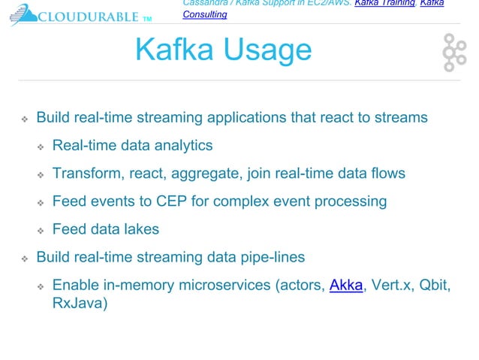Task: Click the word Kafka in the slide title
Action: pos(169,50)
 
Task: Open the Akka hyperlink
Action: pos(345,286)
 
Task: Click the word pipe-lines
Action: pos(271,257)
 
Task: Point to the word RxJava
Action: pos(79,305)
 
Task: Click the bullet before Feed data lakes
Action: pos(41,230)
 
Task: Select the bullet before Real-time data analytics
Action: pos(41,146)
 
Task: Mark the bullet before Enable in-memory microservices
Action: pos(41,287)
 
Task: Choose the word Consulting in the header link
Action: pos(204,14)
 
